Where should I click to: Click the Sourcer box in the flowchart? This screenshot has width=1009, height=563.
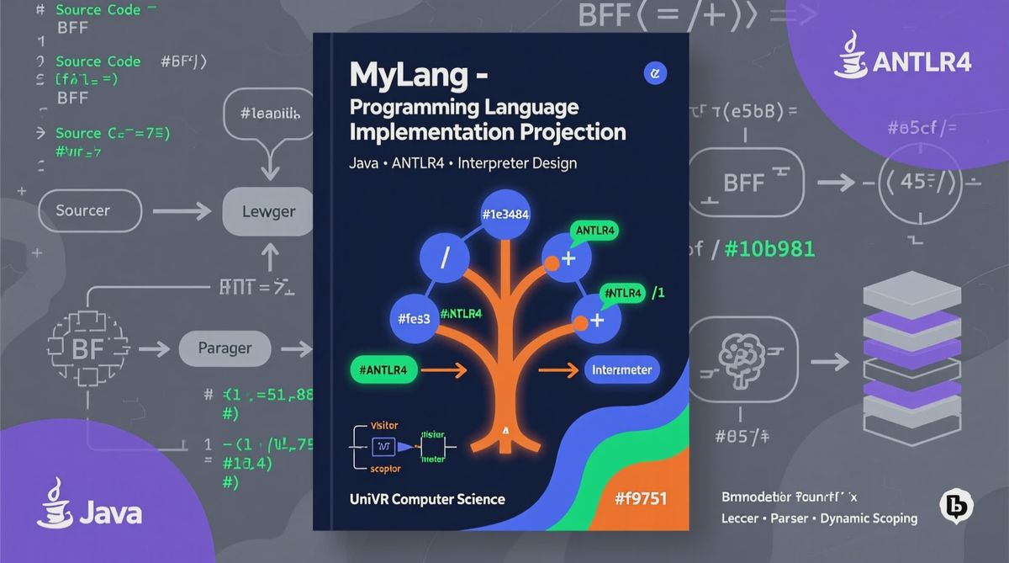[x=89, y=210]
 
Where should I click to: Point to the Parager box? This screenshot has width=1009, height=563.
[x=225, y=347]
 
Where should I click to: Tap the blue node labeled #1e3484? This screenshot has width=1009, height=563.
[x=504, y=214]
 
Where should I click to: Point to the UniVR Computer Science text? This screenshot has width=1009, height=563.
[x=427, y=499]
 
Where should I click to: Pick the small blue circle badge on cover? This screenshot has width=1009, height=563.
[x=654, y=74]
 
